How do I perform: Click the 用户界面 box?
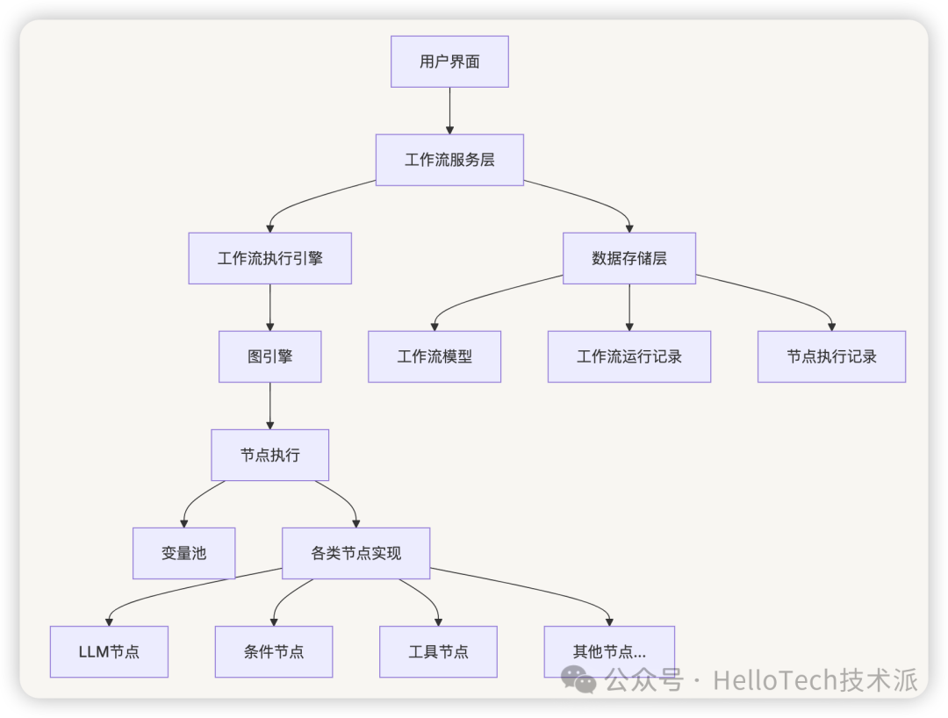tap(449, 61)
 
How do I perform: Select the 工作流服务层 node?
tap(449, 160)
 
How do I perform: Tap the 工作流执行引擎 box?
tap(269, 258)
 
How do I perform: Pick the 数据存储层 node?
tap(628, 258)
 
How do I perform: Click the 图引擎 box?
tap(269, 356)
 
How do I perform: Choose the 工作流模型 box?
tap(434, 356)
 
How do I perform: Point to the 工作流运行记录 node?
tap(628, 356)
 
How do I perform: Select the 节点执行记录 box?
tap(831, 356)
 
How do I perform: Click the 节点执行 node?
tap(269, 455)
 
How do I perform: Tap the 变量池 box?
tap(183, 553)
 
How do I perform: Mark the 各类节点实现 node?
tap(355, 553)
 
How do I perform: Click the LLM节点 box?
tap(109, 651)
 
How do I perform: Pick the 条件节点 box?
tap(274, 651)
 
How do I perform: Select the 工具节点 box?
tap(438, 651)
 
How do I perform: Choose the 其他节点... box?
tap(609, 651)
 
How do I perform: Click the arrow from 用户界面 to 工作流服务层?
tap(449, 111)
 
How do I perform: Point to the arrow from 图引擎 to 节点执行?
tap(269, 406)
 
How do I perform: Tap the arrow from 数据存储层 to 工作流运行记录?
tap(628, 307)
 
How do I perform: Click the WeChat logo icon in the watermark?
tap(579, 678)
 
